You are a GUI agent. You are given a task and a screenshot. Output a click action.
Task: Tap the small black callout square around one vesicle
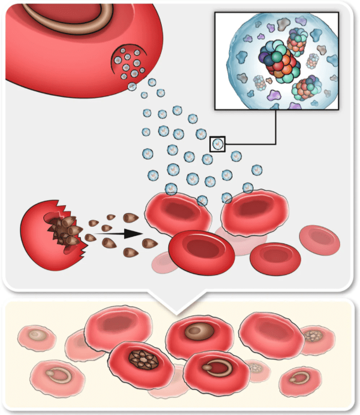pos(218,144)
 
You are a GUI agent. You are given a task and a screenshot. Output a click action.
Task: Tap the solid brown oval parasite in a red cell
pos(196,332)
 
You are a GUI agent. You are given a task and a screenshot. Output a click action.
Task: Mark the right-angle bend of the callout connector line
pos(276,144)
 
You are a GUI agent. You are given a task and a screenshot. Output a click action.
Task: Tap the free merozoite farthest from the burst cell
pos(149,243)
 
